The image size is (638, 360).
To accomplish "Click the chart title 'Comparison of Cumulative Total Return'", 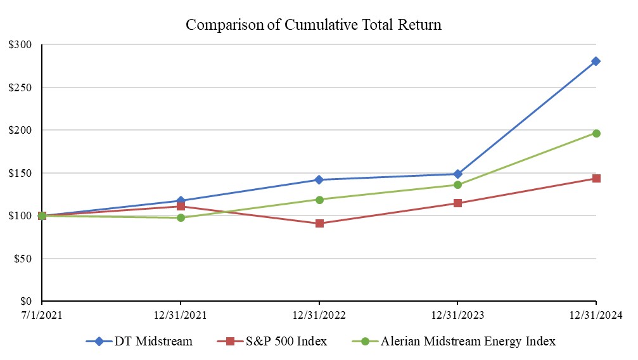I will [313, 25].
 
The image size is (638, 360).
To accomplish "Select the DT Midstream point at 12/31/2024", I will [596, 61].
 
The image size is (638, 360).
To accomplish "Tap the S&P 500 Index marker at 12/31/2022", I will [319, 223].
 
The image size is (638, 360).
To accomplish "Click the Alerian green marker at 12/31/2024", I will [596, 133].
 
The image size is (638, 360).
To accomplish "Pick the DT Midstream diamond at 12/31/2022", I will [319, 180].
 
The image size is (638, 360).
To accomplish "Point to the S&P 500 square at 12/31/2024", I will [596, 178].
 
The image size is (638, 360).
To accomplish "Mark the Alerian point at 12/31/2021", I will [181, 217].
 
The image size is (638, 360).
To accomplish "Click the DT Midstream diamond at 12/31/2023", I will [457, 174].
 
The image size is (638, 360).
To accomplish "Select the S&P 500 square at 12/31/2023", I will [457, 203].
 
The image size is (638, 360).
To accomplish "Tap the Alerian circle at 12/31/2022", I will [319, 200].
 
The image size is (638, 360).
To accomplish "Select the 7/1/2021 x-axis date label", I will [42, 315].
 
